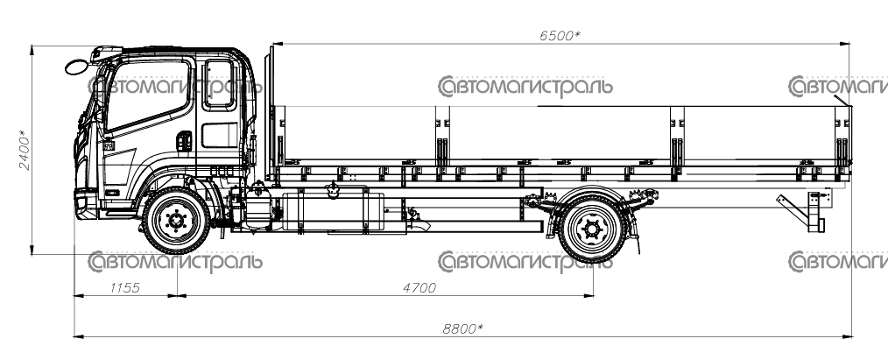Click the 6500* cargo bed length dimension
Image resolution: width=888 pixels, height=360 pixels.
coord(560,36)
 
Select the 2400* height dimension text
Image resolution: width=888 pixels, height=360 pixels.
coord(24,150)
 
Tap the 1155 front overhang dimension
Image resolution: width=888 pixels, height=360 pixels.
coord(124,287)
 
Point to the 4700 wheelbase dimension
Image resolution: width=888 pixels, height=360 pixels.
coord(419,287)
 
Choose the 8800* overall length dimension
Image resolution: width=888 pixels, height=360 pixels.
coord(463,328)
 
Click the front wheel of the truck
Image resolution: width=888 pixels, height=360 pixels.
coord(176,220)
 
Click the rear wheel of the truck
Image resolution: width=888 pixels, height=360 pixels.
coord(592,229)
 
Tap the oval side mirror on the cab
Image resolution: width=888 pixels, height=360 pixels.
coord(76,67)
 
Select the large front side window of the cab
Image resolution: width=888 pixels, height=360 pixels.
coord(148,94)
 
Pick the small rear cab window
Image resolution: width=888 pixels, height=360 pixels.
coord(219,84)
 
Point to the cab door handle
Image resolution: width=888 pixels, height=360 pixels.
coord(184,141)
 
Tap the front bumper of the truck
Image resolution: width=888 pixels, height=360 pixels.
coord(87,205)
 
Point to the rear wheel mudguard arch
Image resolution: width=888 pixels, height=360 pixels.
coord(592,195)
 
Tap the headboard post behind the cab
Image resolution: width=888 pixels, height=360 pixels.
coord(271,113)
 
